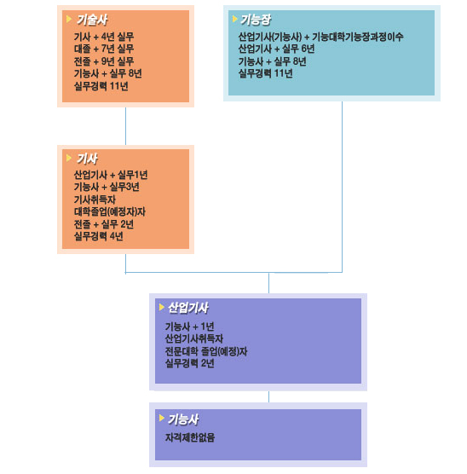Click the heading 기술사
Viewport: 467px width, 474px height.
[x=92, y=20]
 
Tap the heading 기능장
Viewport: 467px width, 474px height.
[x=256, y=20]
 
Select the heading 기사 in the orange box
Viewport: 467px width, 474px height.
[x=88, y=159]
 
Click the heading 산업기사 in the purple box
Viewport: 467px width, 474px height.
[x=188, y=308]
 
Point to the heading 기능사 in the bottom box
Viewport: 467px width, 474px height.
[x=183, y=419]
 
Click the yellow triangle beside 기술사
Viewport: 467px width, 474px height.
[x=69, y=19]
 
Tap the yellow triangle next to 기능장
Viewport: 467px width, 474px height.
[x=235, y=19]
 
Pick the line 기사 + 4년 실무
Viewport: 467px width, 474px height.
[x=104, y=37]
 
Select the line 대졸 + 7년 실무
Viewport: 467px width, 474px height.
[x=104, y=49]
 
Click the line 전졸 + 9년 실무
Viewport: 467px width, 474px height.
[x=104, y=61]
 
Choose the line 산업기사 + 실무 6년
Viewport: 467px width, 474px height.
[x=277, y=49]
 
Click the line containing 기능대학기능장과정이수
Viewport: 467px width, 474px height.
[x=320, y=37]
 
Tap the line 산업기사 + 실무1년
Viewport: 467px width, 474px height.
[x=111, y=175]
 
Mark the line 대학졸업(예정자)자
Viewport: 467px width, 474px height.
[x=110, y=211]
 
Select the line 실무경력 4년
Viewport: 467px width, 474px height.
[x=99, y=236]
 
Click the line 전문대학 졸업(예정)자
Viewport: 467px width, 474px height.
[x=206, y=351]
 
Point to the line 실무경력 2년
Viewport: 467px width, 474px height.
[x=190, y=363]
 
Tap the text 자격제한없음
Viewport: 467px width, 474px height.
[x=190, y=437]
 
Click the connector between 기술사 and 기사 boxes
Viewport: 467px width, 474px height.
[x=126, y=126]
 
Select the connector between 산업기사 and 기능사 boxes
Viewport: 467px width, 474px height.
[x=268, y=396]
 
